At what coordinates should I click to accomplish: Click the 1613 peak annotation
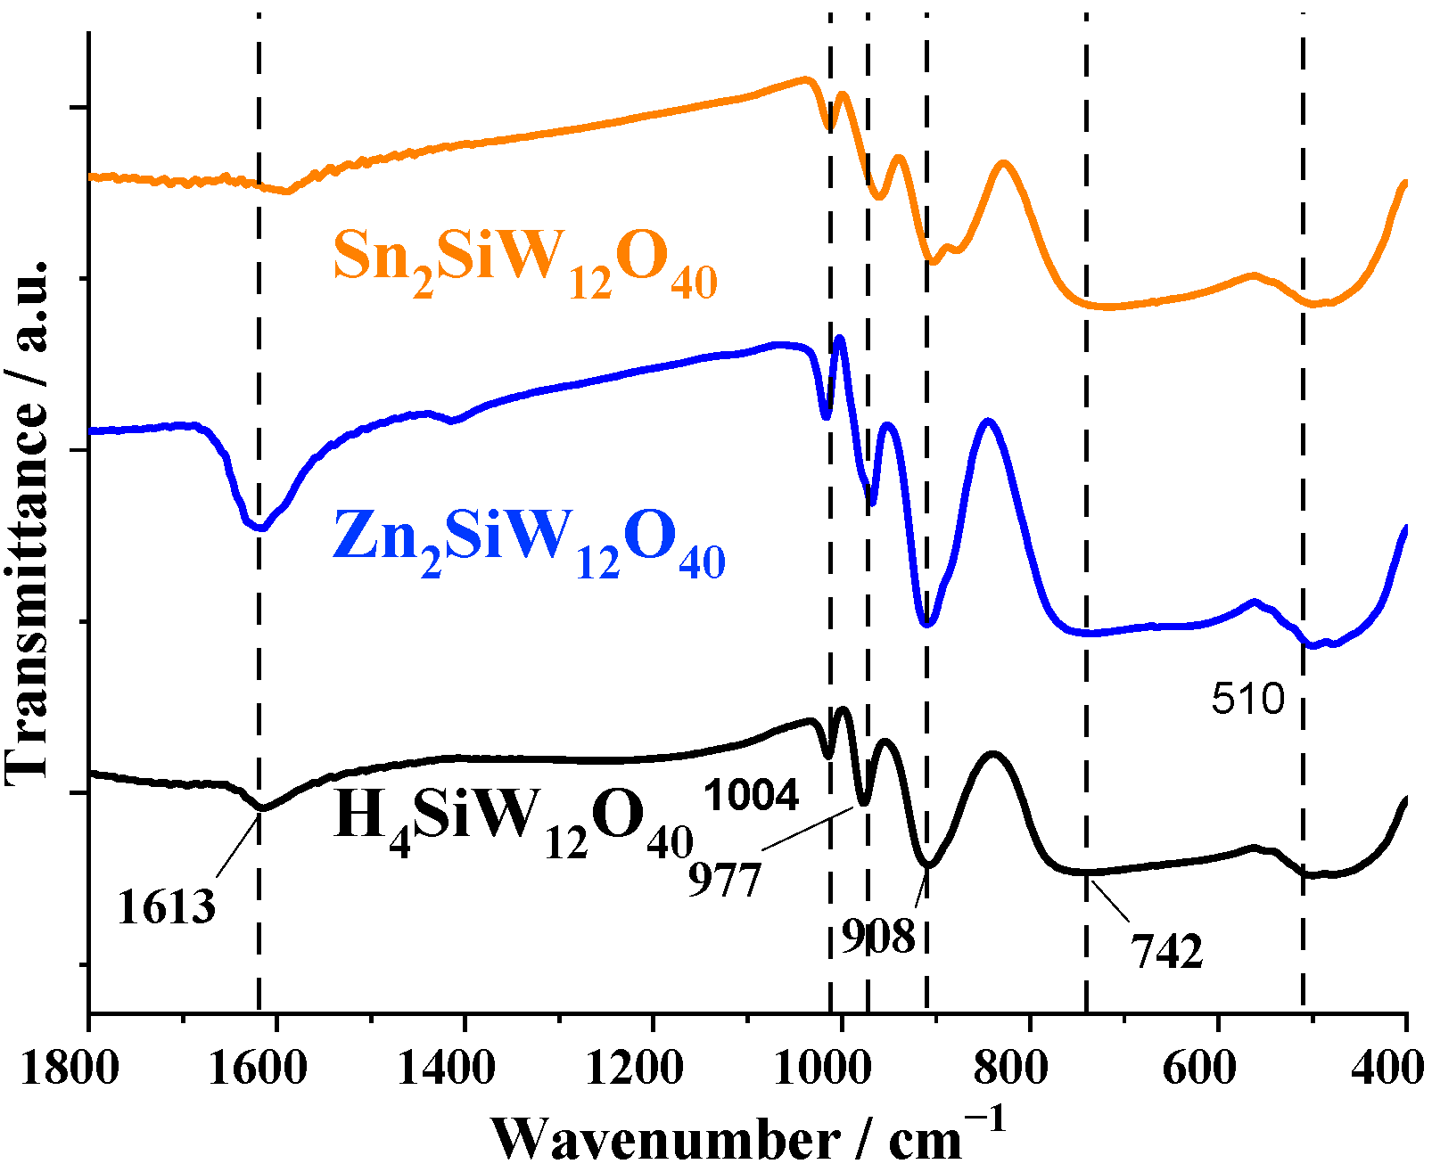[166, 907]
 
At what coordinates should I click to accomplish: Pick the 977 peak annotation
[725, 881]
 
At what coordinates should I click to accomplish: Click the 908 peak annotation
[878, 937]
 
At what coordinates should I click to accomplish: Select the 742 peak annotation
[1166, 952]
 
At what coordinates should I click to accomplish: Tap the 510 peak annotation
[1247, 700]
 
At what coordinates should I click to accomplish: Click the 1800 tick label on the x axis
[70, 1067]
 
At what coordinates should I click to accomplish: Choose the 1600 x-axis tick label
[259, 1067]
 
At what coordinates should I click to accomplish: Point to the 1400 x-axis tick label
[446, 1067]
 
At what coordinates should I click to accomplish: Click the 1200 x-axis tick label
[635, 1067]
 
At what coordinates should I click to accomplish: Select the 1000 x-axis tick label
[823, 1067]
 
